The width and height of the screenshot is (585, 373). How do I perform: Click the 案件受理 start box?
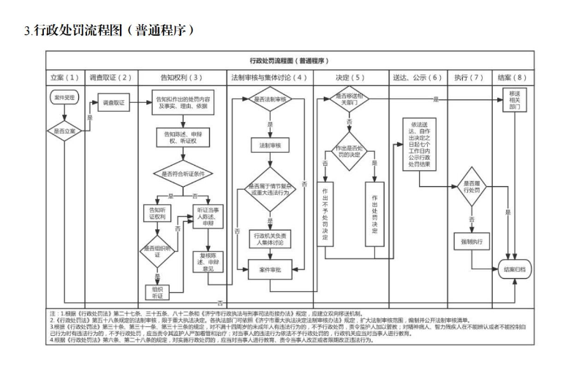[x=63, y=96]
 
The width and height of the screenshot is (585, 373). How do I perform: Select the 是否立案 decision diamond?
[x=63, y=131]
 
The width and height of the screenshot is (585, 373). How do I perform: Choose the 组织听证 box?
[x=157, y=293]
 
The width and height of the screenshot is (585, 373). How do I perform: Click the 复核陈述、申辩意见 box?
[x=210, y=261]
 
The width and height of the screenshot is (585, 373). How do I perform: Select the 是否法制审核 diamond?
[x=270, y=98]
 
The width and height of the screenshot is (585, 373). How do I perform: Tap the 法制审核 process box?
[x=270, y=145]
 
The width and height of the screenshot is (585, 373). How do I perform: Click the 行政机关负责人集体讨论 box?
[x=270, y=239]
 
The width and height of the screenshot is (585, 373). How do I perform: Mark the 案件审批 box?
[x=270, y=269]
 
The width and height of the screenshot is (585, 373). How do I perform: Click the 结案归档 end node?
[x=515, y=269]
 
